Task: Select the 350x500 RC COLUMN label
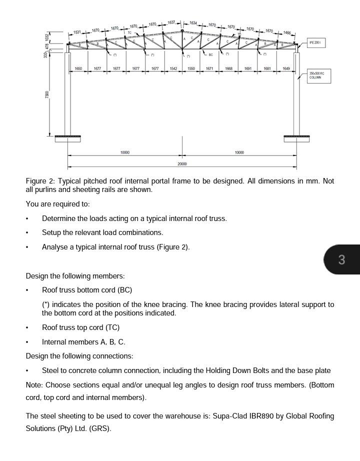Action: (317, 75)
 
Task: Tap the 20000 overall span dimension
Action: (182, 164)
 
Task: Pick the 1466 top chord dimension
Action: (287, 32)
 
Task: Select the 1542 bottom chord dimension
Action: (173, 68)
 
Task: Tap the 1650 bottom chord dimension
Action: (78, 68)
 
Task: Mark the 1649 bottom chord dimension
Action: (286, 68)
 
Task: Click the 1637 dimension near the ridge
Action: (171, 22)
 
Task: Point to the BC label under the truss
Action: (210, 54)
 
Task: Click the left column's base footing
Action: (67, 138)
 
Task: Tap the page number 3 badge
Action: (342, 259)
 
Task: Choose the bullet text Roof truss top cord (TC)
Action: (80, 327)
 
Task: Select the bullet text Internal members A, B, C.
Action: (83, 342)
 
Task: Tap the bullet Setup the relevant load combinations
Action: (102, 232)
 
